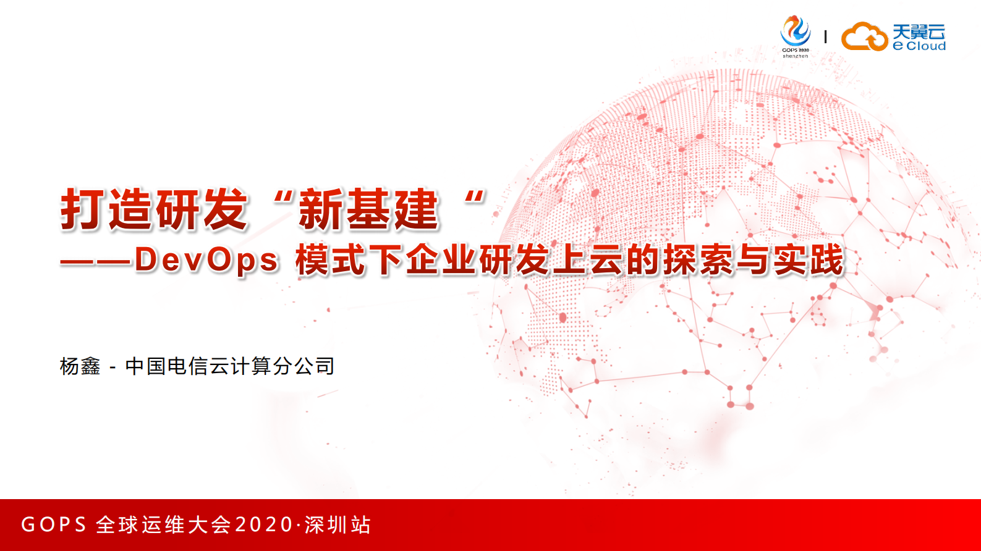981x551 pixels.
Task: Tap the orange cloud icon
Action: (x=864, y=36)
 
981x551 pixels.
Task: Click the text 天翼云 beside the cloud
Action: (x=919, y=31)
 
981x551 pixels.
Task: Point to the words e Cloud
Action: (x=919, y=46)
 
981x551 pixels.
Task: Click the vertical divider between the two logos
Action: (x=825, y=37)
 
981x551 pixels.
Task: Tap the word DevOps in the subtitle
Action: (x=206, y=260)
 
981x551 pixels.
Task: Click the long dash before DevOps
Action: (x=96, y=261)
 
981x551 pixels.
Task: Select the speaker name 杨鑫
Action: (x=80, y=366)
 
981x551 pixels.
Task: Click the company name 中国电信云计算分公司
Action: (x=229, y=366)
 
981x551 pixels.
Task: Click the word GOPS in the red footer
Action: (x=54, y=525)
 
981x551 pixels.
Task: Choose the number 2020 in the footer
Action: (x=264, y=525)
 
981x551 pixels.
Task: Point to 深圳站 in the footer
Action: (x=338, y=525)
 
